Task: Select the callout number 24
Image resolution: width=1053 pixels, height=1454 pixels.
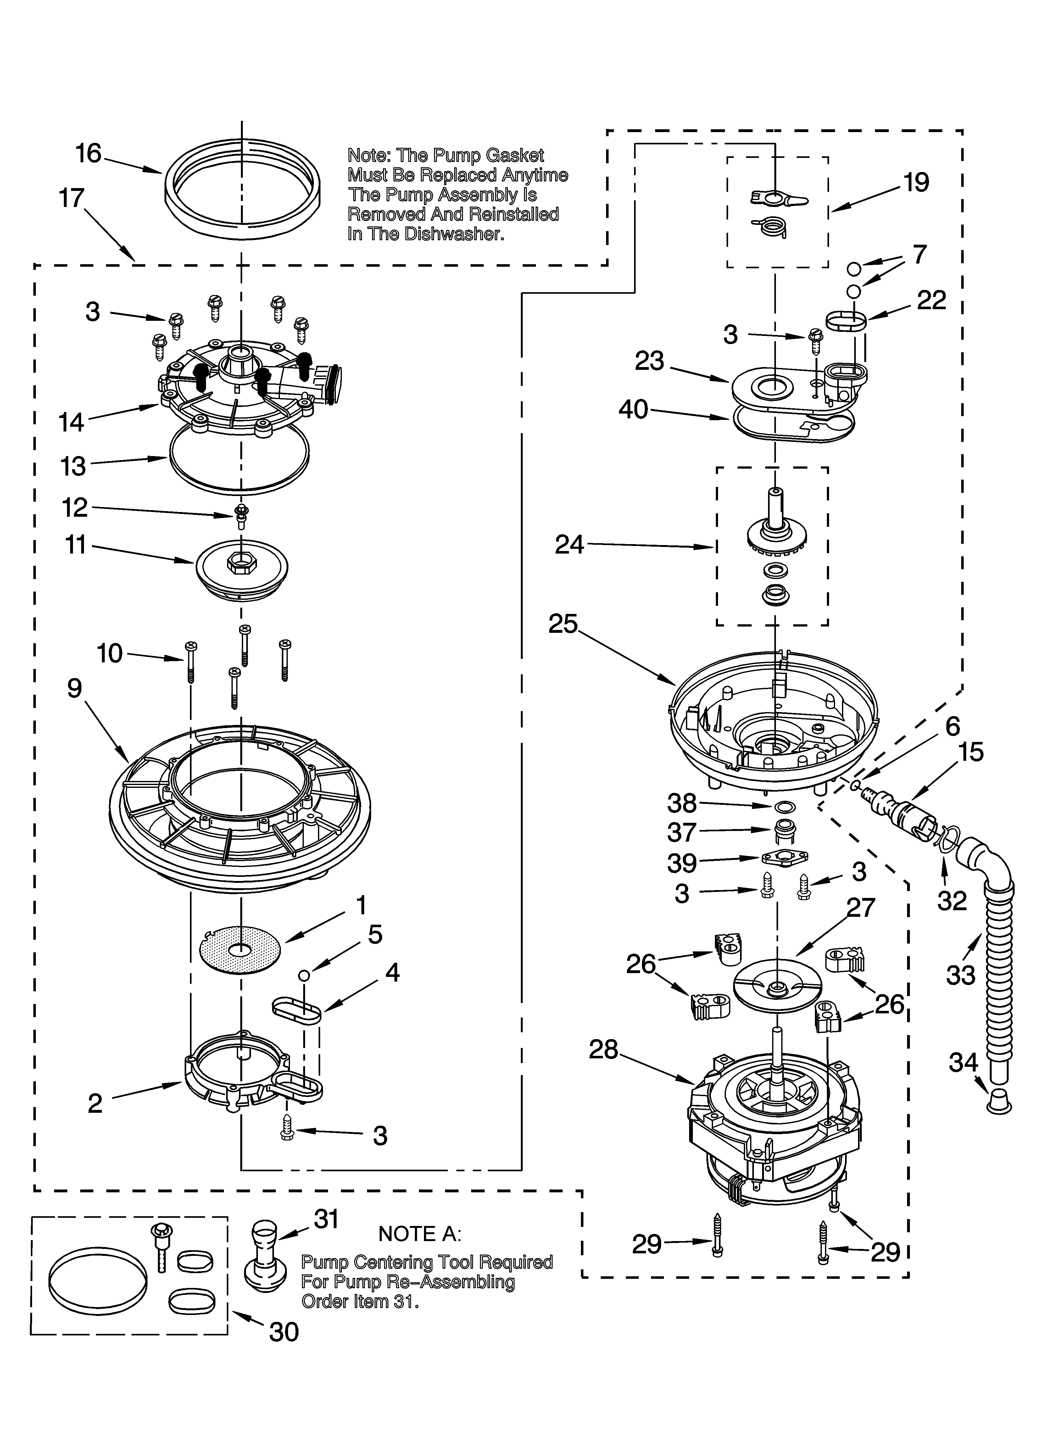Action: click(569, 545)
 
